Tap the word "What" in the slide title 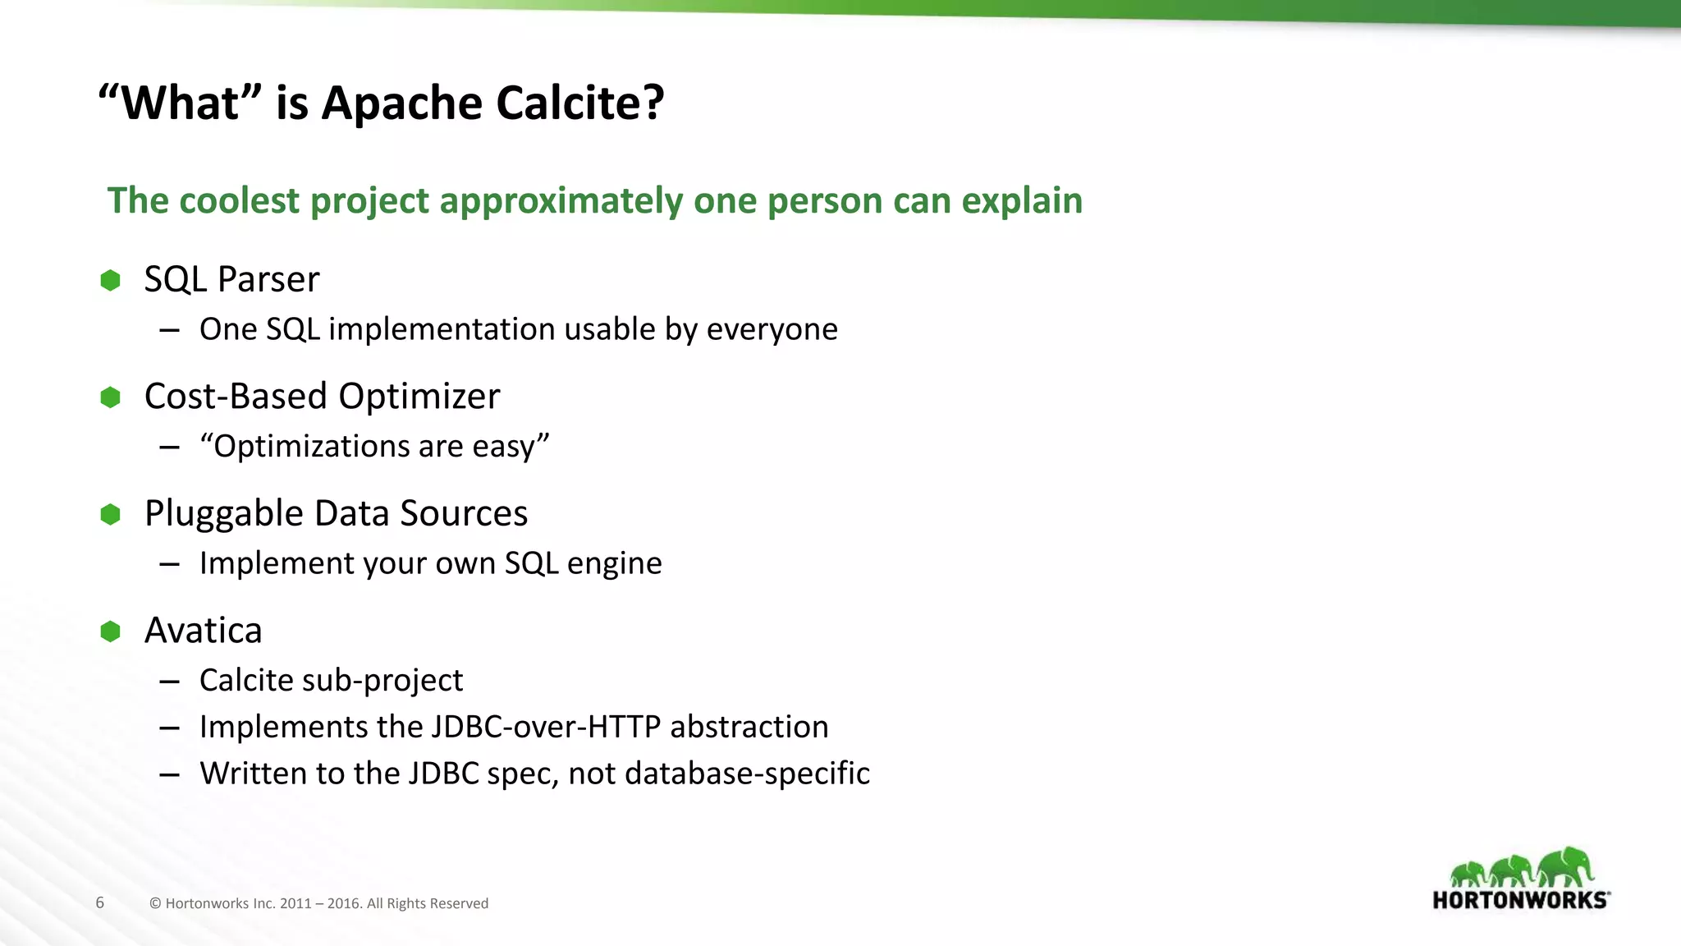[x=180, y=103]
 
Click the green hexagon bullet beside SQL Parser [x=110, y=281]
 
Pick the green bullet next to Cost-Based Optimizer [x=110, y=397]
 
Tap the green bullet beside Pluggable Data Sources [x=110, y=515]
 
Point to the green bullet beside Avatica [x=110, y=631]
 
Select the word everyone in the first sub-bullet [x=772, y=329]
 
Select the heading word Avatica [x=203, y=631]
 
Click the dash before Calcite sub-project [x=170, y=682]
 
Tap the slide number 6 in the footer [x=100, y=903]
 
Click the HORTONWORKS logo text [x=1520, y=900]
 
